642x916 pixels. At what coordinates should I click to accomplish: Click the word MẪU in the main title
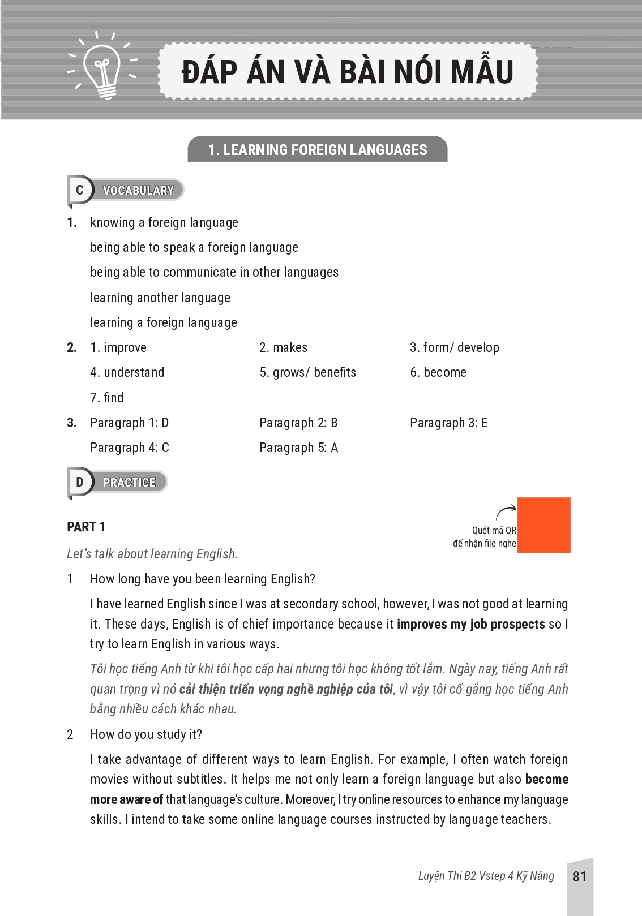(x=478, y=72)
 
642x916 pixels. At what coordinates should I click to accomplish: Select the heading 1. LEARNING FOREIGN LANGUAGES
(x=318, y=149)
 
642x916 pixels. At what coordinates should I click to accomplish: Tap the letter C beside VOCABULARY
(x=79, y=191)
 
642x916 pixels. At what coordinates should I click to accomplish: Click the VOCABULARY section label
(x=138, y=191)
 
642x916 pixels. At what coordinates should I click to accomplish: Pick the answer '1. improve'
(x=118, y=347)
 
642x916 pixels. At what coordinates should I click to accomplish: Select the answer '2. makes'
(x=284, y=347)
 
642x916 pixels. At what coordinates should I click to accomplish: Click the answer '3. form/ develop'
(x=455, y=347)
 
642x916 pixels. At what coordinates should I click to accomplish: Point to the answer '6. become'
(x=438, y=372)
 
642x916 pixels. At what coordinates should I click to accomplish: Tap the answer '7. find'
(x=107, y=398)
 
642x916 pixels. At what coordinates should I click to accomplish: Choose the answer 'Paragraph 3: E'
(x=449, y=423)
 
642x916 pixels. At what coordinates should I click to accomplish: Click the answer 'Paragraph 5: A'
(x=299, y=448)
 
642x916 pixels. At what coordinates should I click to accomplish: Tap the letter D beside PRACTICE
(x=79, y=482)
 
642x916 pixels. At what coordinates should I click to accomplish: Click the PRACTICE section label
(x=129, y=483)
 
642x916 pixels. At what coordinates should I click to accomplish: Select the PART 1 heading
(x=86, y=527)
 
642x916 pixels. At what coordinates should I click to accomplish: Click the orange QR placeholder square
(x=543, y=525)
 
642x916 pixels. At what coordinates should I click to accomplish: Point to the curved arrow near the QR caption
(x=506, y=511)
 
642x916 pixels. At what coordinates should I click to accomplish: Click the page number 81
(x=580, y=876)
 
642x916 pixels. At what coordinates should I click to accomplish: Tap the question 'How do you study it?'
(x=146, y=734)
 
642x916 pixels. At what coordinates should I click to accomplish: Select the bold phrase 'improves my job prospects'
(x=471, y=624)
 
